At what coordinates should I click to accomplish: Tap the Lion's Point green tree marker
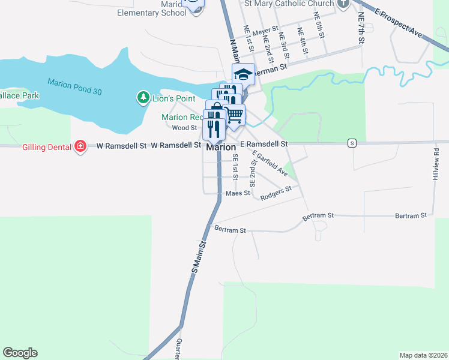pos(143,97)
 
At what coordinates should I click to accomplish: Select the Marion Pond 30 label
pos(74,86)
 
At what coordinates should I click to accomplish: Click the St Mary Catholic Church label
pos(289,4)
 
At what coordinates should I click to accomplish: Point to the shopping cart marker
pos(235,113)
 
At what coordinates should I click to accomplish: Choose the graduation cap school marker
pos(243,74)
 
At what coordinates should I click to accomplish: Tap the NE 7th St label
pos(361,29)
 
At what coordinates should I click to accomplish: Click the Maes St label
pos(238,193)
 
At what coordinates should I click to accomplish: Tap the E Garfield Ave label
pos(270,164)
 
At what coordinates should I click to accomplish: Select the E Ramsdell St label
pos(264,144)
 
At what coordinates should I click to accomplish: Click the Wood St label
pos(184,128)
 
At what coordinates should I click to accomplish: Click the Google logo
pos(20,353)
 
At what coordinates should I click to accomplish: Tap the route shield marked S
pos(352,143)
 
